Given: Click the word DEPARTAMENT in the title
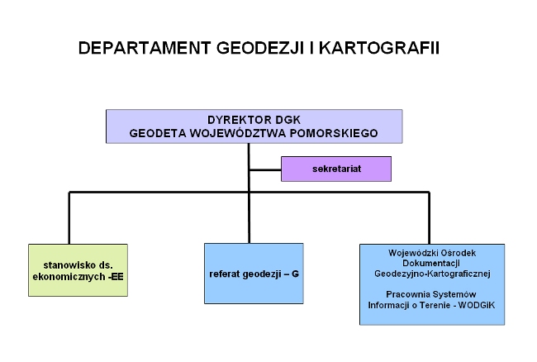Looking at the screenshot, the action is [145, 48].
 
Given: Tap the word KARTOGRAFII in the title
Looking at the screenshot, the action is [379, 48].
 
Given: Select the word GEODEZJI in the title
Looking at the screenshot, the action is [260, 48].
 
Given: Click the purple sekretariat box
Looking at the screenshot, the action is [336, 169].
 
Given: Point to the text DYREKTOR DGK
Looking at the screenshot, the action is [254, 120].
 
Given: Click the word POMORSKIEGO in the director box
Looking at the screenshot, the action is [334, 133].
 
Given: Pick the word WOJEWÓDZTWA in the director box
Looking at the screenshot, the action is [238, 133].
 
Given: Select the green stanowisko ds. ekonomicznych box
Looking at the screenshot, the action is [78, 270].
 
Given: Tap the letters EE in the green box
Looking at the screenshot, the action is [116, 277].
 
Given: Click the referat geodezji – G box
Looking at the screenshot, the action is [254, 274].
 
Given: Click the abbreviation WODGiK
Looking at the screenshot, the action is [476, 305].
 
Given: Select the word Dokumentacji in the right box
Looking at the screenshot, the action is [430, 264].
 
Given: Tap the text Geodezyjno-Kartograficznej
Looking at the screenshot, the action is [432, 274].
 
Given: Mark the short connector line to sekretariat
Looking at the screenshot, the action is [265, 169].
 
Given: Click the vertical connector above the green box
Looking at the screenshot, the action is [69, 218].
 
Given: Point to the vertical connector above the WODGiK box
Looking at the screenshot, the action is [429, 218].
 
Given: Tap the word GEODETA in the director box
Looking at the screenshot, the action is [158, 133].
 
